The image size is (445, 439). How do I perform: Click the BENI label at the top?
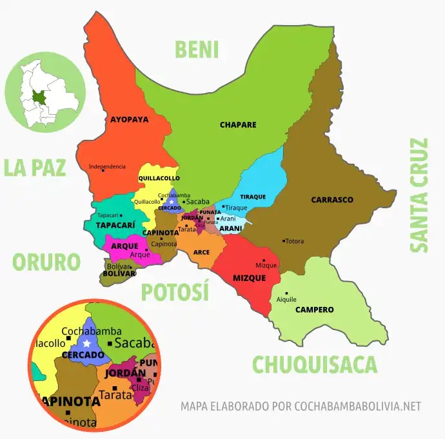coord(197,50)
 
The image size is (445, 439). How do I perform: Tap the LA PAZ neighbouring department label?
coord(35,167)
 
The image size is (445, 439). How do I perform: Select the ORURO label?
coord(46,262)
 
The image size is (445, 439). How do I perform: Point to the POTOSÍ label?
coord(175,292)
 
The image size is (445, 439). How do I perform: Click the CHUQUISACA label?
coord(314,364)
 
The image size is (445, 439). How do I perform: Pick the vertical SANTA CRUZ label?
coord(419,195)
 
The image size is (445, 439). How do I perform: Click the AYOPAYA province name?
coord(129,119)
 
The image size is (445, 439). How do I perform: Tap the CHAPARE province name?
coord(238,124)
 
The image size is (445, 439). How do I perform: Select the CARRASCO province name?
coord(332,200)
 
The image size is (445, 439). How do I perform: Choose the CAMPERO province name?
coord(314,310)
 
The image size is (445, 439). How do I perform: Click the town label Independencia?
coord(107,166)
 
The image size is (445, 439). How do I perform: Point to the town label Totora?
coord(294,241)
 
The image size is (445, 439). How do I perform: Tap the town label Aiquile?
coord(286,299)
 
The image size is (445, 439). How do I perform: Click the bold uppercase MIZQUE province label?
coord(249,278)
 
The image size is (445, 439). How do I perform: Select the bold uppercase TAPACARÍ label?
coord(115,225)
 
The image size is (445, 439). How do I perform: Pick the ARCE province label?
coord(201,252)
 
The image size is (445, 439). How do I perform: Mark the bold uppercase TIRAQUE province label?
coord(253,197)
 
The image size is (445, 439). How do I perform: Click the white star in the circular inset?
coord(86,343)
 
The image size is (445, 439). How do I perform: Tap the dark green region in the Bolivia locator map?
coord(40,97)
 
